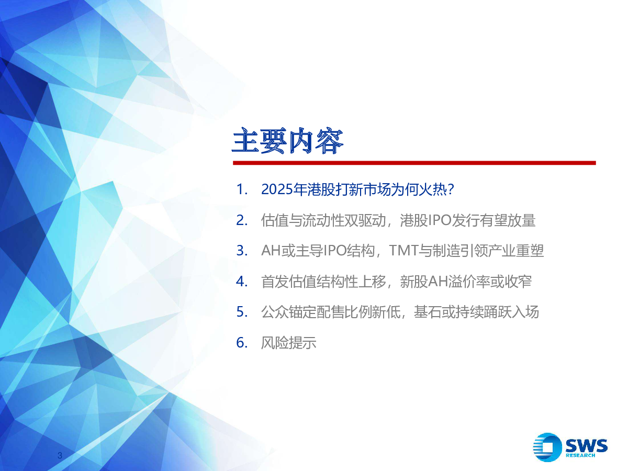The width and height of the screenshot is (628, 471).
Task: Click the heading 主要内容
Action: pos(287,141)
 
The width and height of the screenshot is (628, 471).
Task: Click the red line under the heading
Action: pos(414,163)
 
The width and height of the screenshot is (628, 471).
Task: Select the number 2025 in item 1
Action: pos(277,189)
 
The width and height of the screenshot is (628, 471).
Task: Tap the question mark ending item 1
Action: pos(451,189)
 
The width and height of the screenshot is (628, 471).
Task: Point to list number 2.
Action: pos(242,220)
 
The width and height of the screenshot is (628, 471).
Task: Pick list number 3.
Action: pos(242,251)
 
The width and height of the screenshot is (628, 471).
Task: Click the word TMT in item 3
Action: pos(403,251)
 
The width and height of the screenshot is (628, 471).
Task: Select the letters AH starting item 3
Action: pos(271,251)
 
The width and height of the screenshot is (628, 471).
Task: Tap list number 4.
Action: pos(242,282)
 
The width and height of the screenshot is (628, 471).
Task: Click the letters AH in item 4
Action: pos(438,282)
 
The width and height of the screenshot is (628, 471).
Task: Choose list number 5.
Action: pos(242,312)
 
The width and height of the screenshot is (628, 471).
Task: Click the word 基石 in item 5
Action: pos(428,312)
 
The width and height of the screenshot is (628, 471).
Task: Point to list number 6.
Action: pos(242,343)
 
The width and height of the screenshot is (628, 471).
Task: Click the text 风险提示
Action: pos(289,343)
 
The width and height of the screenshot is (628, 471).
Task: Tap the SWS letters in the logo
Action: pos(587,445)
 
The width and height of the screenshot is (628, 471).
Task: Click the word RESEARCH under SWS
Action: pos(580,455)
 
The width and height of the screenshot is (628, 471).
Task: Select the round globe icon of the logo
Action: pos(547,447)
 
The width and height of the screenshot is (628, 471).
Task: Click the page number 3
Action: pos(60,455)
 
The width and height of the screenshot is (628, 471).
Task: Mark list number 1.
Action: pos(242,189)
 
